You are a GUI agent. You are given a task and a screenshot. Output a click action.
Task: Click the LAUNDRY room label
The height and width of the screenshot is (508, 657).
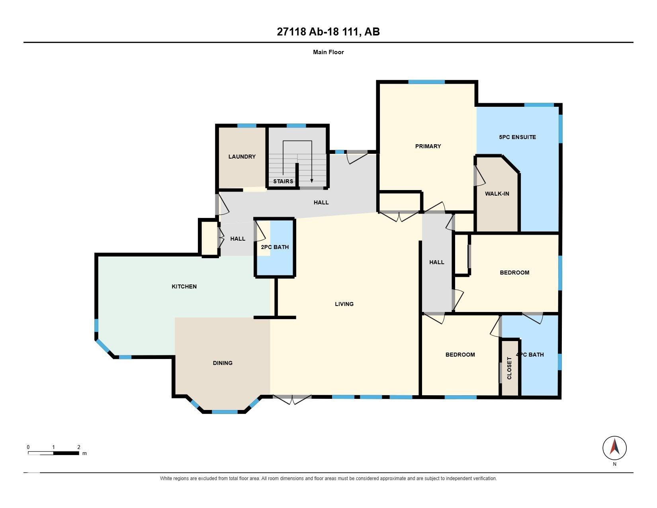click(x=242, y=157)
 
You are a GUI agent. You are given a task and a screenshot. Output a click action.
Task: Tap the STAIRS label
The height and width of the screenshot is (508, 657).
click(x=283, y=181)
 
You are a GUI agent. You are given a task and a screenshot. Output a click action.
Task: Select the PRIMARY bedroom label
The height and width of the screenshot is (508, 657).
click(x=428, y=146)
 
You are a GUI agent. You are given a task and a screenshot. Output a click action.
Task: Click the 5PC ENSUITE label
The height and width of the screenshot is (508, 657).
click(x=517, y=137)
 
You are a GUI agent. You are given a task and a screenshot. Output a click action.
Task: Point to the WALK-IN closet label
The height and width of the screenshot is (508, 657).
click(x=497, y=194)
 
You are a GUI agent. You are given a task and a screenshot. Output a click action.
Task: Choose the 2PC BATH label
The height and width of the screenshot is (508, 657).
click(x=274, y=247)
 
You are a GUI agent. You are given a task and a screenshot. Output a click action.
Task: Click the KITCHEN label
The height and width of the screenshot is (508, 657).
click(x=184, y=286)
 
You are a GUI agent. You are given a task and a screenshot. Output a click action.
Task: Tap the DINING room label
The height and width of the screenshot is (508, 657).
click(x=223, y=363)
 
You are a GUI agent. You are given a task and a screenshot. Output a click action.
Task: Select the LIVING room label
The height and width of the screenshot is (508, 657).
click(x=344, y=304)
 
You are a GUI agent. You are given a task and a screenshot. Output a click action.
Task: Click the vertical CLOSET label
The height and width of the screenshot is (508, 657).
click(x=509, y=368)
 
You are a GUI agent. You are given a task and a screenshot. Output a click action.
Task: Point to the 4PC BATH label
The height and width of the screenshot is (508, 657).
click(x=530, y=355)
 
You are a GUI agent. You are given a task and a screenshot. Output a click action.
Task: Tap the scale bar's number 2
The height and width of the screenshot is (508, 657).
click(x=79, y=447)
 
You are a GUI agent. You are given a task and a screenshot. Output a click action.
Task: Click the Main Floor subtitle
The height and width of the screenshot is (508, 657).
click(x=328, y=52)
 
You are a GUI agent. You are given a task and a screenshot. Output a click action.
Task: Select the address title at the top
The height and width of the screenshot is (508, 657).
click(x=328, y=31)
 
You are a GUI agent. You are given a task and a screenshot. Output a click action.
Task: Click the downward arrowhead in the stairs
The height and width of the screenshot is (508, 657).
click(x=312, y=180)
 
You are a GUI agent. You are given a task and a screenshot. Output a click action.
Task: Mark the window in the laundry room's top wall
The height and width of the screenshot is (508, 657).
click(x=247, y=126)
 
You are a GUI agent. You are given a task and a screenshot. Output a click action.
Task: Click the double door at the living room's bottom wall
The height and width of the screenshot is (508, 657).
click(x=292, y=399)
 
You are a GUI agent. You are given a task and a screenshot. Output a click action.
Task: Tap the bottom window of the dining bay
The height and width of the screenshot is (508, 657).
click(x=225, y=412)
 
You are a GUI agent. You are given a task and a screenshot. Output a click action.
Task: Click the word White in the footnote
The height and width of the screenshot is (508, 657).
click(x=165, y=479)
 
